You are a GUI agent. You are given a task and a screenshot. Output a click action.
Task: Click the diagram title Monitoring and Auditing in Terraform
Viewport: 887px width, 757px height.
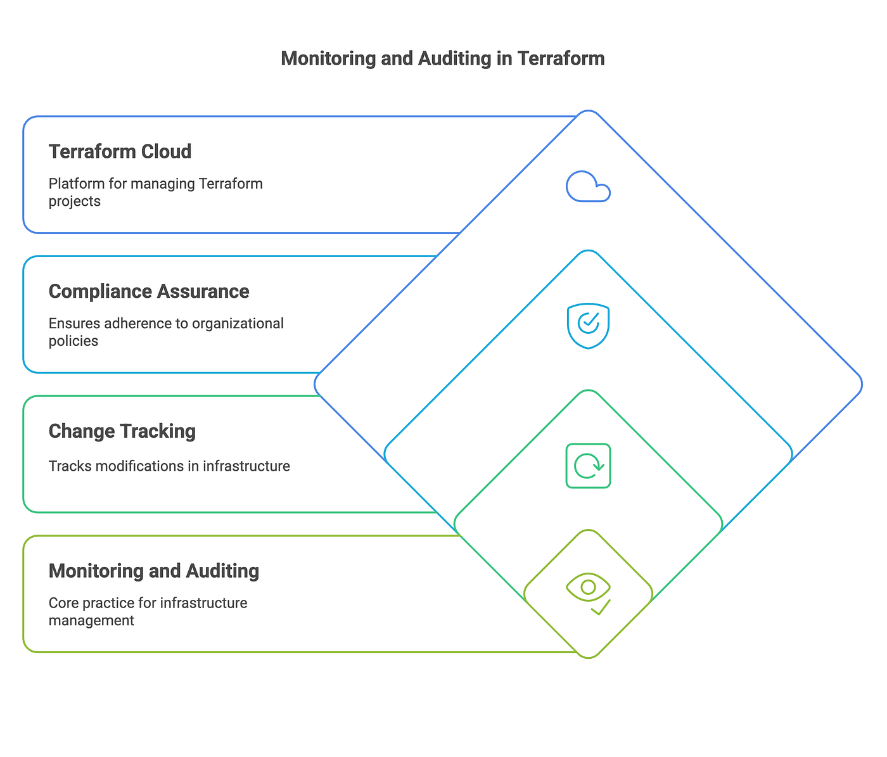pos(442,58)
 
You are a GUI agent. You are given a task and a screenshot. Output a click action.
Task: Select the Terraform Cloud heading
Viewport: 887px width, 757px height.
pos(120,151)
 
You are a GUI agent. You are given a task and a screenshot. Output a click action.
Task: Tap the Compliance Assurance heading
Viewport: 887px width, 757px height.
pos(149,291)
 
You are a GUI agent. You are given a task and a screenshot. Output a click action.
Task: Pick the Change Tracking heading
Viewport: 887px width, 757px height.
pos(122,431)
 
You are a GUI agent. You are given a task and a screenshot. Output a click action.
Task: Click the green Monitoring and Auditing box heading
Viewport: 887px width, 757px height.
pos(154,571)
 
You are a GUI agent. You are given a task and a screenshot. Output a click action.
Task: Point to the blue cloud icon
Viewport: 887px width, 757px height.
pos(588,187)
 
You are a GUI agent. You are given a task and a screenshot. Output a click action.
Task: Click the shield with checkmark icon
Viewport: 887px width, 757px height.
pos(588,326)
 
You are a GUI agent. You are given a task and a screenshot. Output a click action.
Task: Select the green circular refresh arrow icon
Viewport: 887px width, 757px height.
pos(588,466)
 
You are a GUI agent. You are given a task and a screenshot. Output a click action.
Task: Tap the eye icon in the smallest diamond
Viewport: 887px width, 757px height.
pos(587,588)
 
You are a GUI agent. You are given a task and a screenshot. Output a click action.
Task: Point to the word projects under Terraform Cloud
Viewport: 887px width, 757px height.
pos(75,201)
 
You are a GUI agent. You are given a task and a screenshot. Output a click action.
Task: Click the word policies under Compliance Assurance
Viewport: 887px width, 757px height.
pos(73,341)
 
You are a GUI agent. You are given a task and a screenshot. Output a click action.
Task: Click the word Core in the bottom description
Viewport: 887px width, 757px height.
pos(62,602)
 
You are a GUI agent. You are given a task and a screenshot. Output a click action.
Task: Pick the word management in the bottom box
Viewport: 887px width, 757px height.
pos(91,620)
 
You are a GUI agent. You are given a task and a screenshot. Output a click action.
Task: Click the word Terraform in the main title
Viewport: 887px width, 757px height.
pos(561,58)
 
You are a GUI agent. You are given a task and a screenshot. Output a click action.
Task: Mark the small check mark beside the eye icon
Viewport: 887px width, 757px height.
pos(601,608)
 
